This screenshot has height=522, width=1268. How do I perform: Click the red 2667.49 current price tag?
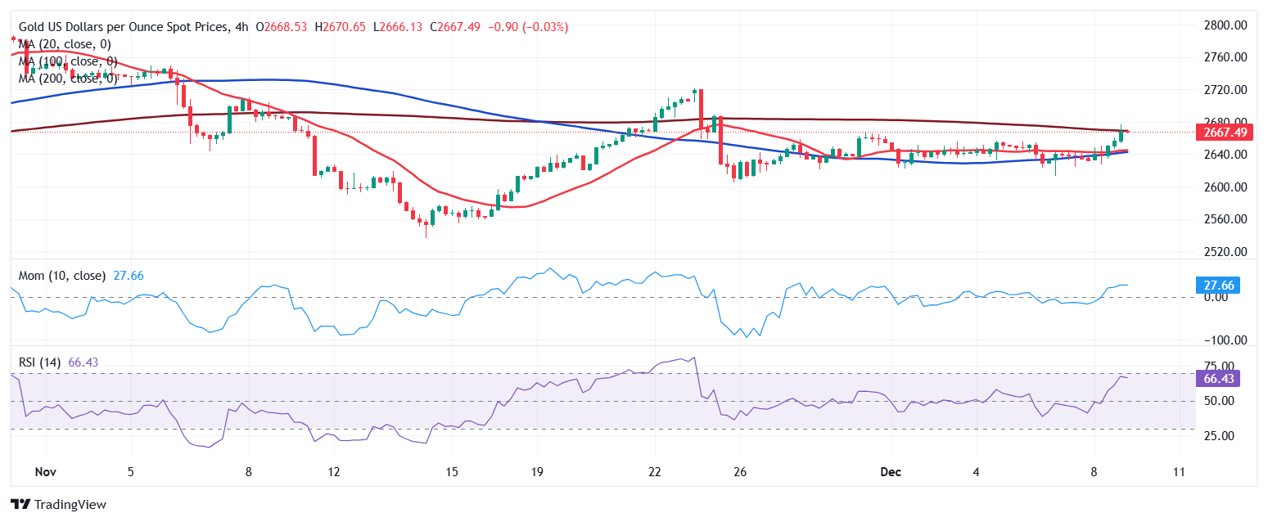(1225, 133)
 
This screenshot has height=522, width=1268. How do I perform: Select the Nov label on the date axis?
(46, 472)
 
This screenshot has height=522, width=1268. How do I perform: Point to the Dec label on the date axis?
(891, 472)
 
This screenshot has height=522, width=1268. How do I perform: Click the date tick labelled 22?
(654, 472)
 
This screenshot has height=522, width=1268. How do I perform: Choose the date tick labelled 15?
(452, 472)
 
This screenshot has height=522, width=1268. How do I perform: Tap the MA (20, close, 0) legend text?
(65, 44)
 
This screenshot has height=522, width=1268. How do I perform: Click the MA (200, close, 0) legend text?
(68, 79)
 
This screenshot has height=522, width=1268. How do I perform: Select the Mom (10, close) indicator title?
(62, 276)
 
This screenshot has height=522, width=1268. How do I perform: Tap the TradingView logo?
(58, 505)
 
